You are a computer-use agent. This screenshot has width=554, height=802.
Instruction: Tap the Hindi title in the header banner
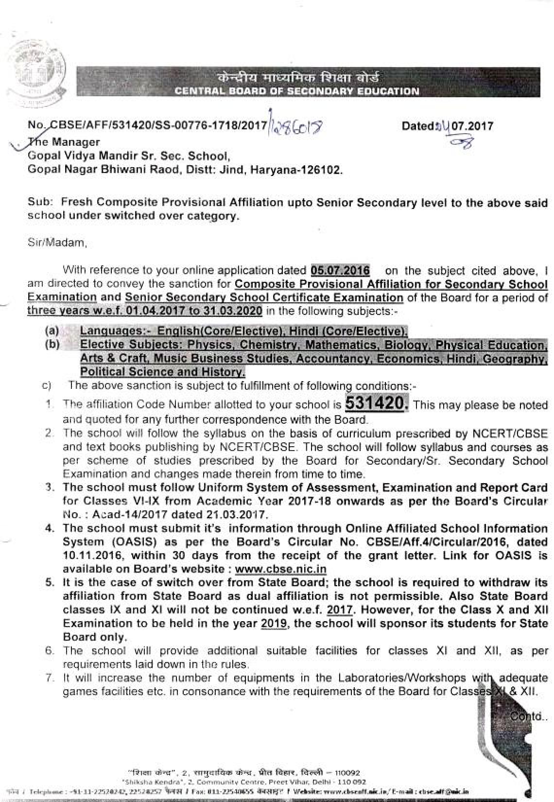[297, 78]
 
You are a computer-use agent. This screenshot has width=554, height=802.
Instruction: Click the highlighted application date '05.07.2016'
[340, 270]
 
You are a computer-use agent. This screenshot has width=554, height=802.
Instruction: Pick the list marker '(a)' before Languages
[52, 331]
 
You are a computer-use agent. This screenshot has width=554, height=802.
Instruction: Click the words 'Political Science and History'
[163, 372]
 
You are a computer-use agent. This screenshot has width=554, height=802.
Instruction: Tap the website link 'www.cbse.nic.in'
[280, 569]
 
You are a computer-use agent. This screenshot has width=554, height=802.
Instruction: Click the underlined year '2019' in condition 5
[274, 624]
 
